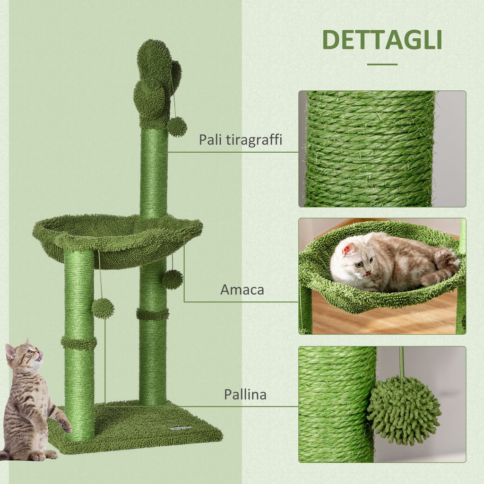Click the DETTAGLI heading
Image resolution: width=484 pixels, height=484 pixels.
[382, 41]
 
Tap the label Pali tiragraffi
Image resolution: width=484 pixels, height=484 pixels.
[240, 140]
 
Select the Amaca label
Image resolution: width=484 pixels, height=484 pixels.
[242, 290]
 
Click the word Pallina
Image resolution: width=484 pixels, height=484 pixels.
[245, 395]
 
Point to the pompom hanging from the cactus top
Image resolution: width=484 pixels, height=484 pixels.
[177, 127]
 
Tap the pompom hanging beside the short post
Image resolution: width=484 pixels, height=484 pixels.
[103, 308]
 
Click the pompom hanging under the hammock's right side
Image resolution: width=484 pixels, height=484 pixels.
[173, 279]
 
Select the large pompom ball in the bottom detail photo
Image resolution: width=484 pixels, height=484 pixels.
[404, 410]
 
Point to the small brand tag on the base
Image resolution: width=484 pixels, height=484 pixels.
[181, 428]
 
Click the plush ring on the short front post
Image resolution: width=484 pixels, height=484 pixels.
[79, 343]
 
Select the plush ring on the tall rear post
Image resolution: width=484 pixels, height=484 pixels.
[153, 314]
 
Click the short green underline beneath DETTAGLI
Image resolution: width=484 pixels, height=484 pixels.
[382, 64]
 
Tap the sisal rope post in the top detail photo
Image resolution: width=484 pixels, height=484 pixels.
[369, 149]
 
